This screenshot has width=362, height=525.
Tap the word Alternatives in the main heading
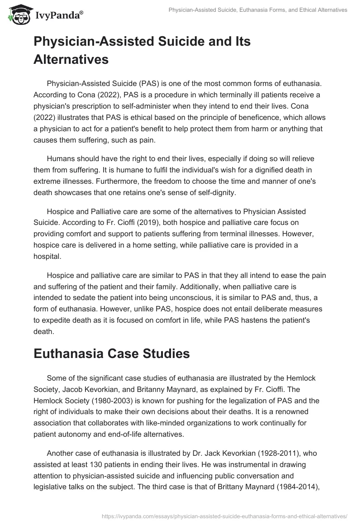[71, 59]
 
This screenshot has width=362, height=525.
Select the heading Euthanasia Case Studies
[111, 354]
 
